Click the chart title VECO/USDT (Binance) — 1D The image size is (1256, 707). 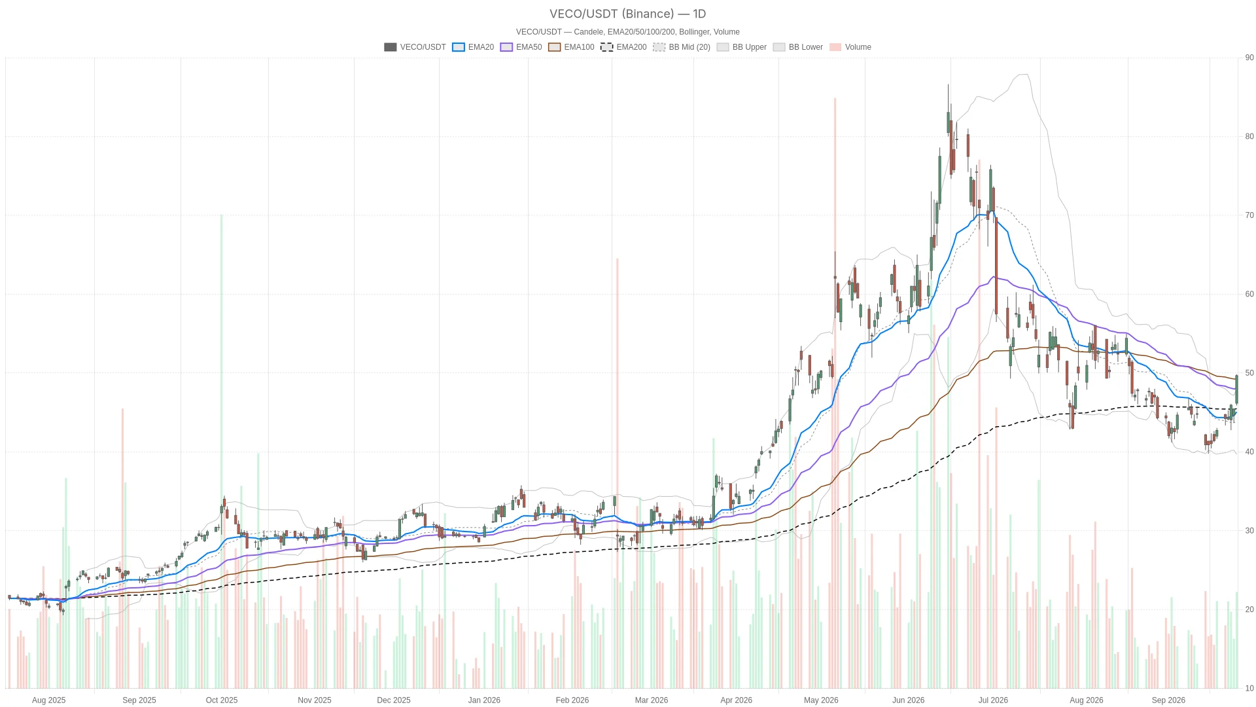[627, 14]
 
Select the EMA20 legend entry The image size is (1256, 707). [473, 47]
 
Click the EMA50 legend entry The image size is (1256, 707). [521, 47]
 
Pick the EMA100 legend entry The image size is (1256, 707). [571, 47]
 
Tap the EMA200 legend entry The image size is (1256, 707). [623, 47]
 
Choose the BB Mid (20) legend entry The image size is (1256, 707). [682, 47]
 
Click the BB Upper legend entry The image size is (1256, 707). [742, 47]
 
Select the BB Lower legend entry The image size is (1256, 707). [798, 47]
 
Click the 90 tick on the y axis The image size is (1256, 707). [1249, 58]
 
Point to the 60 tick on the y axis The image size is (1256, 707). [1249, 294]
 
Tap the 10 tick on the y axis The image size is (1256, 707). [1249, 688]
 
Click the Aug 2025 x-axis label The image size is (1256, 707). [49, 700]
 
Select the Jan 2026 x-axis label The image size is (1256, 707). [484, 700]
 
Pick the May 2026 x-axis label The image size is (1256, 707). [821, 700]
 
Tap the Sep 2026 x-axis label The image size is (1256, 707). [1168, 700]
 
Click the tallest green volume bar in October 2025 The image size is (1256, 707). [221, 451]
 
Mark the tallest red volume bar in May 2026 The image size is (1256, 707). [835, 393]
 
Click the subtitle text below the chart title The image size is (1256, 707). [627, 31]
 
